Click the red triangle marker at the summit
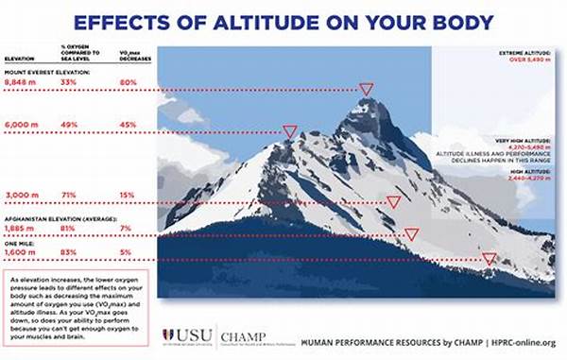coord(366,89)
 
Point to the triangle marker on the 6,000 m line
coord(291,131)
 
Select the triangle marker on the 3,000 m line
coord(393,201)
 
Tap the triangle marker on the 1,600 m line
coord(489,258)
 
